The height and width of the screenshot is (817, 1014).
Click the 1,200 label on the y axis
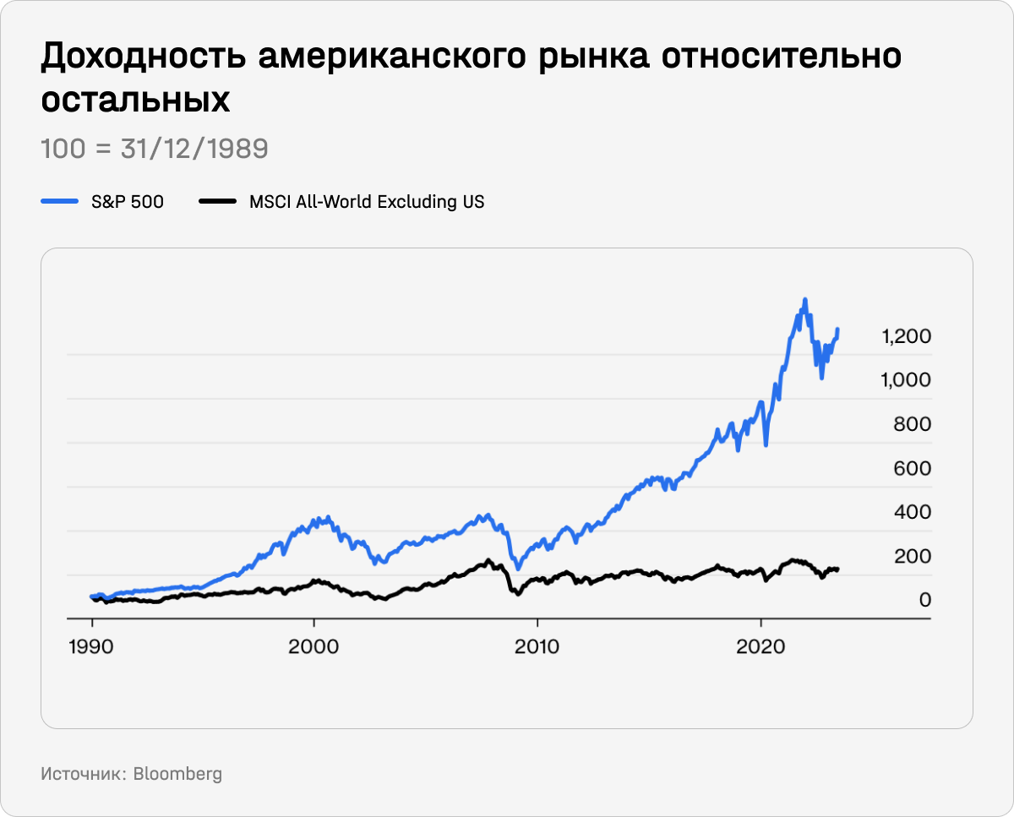906,336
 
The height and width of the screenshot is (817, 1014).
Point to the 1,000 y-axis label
906,380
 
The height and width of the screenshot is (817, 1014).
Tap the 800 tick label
912,424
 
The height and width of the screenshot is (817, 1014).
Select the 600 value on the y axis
912,468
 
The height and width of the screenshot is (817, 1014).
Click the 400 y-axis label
912,512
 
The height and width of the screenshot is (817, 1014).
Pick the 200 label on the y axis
912,556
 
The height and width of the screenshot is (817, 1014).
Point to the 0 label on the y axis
924,600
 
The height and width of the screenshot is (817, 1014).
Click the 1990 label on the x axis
91,647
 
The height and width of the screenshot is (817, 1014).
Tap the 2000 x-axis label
313,647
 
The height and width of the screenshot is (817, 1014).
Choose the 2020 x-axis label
760,647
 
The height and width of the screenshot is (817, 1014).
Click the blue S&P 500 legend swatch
59,202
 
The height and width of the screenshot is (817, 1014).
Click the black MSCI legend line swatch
216,202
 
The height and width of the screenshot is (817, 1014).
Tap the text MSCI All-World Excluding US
367,202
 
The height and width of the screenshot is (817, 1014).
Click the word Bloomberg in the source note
177,774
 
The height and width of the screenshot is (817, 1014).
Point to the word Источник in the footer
82,774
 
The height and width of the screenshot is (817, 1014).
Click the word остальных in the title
135,100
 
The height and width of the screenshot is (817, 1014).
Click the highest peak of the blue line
804,299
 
